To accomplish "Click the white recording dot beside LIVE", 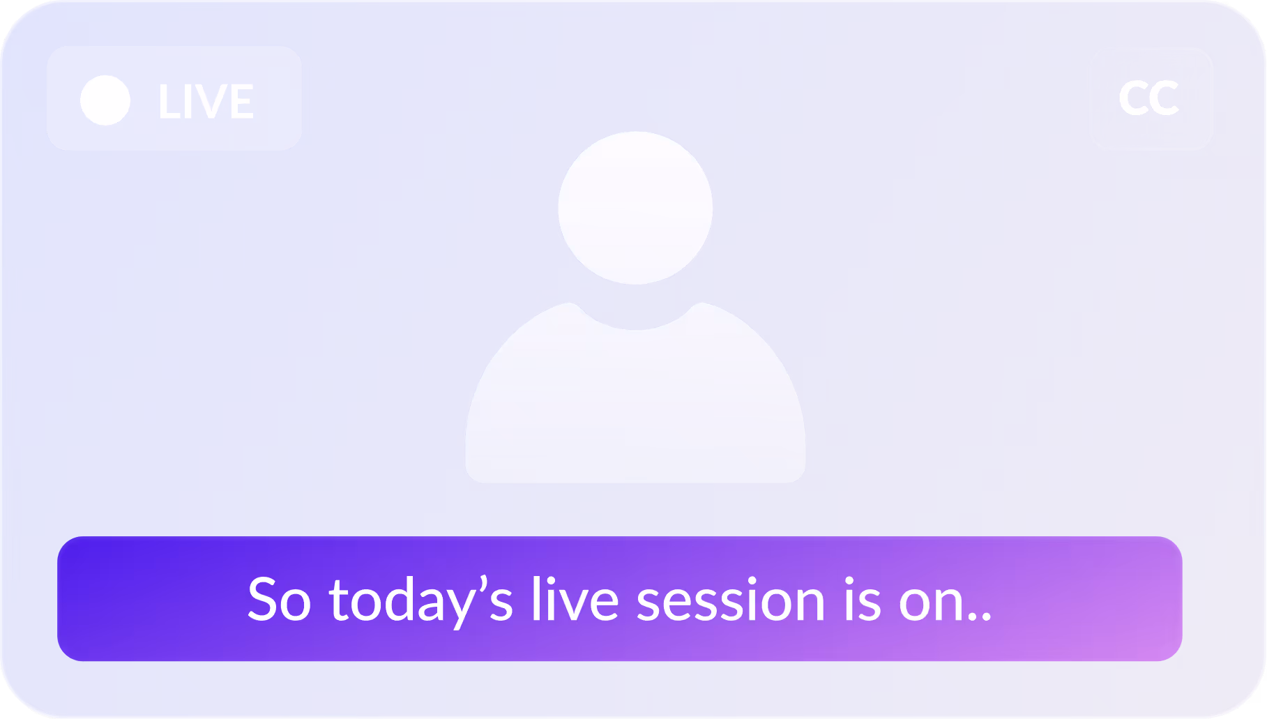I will click(105, 100).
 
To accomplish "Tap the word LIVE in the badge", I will click(206, 102).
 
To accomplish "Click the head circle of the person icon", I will click(635, 207).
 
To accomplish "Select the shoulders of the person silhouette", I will click(635, 404).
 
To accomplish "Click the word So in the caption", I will click(279, 600).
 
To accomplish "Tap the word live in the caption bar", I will click(575, 600).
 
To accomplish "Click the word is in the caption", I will click(863, 600).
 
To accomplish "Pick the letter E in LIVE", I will click(241, 102).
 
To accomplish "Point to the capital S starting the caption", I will click(264, 600).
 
